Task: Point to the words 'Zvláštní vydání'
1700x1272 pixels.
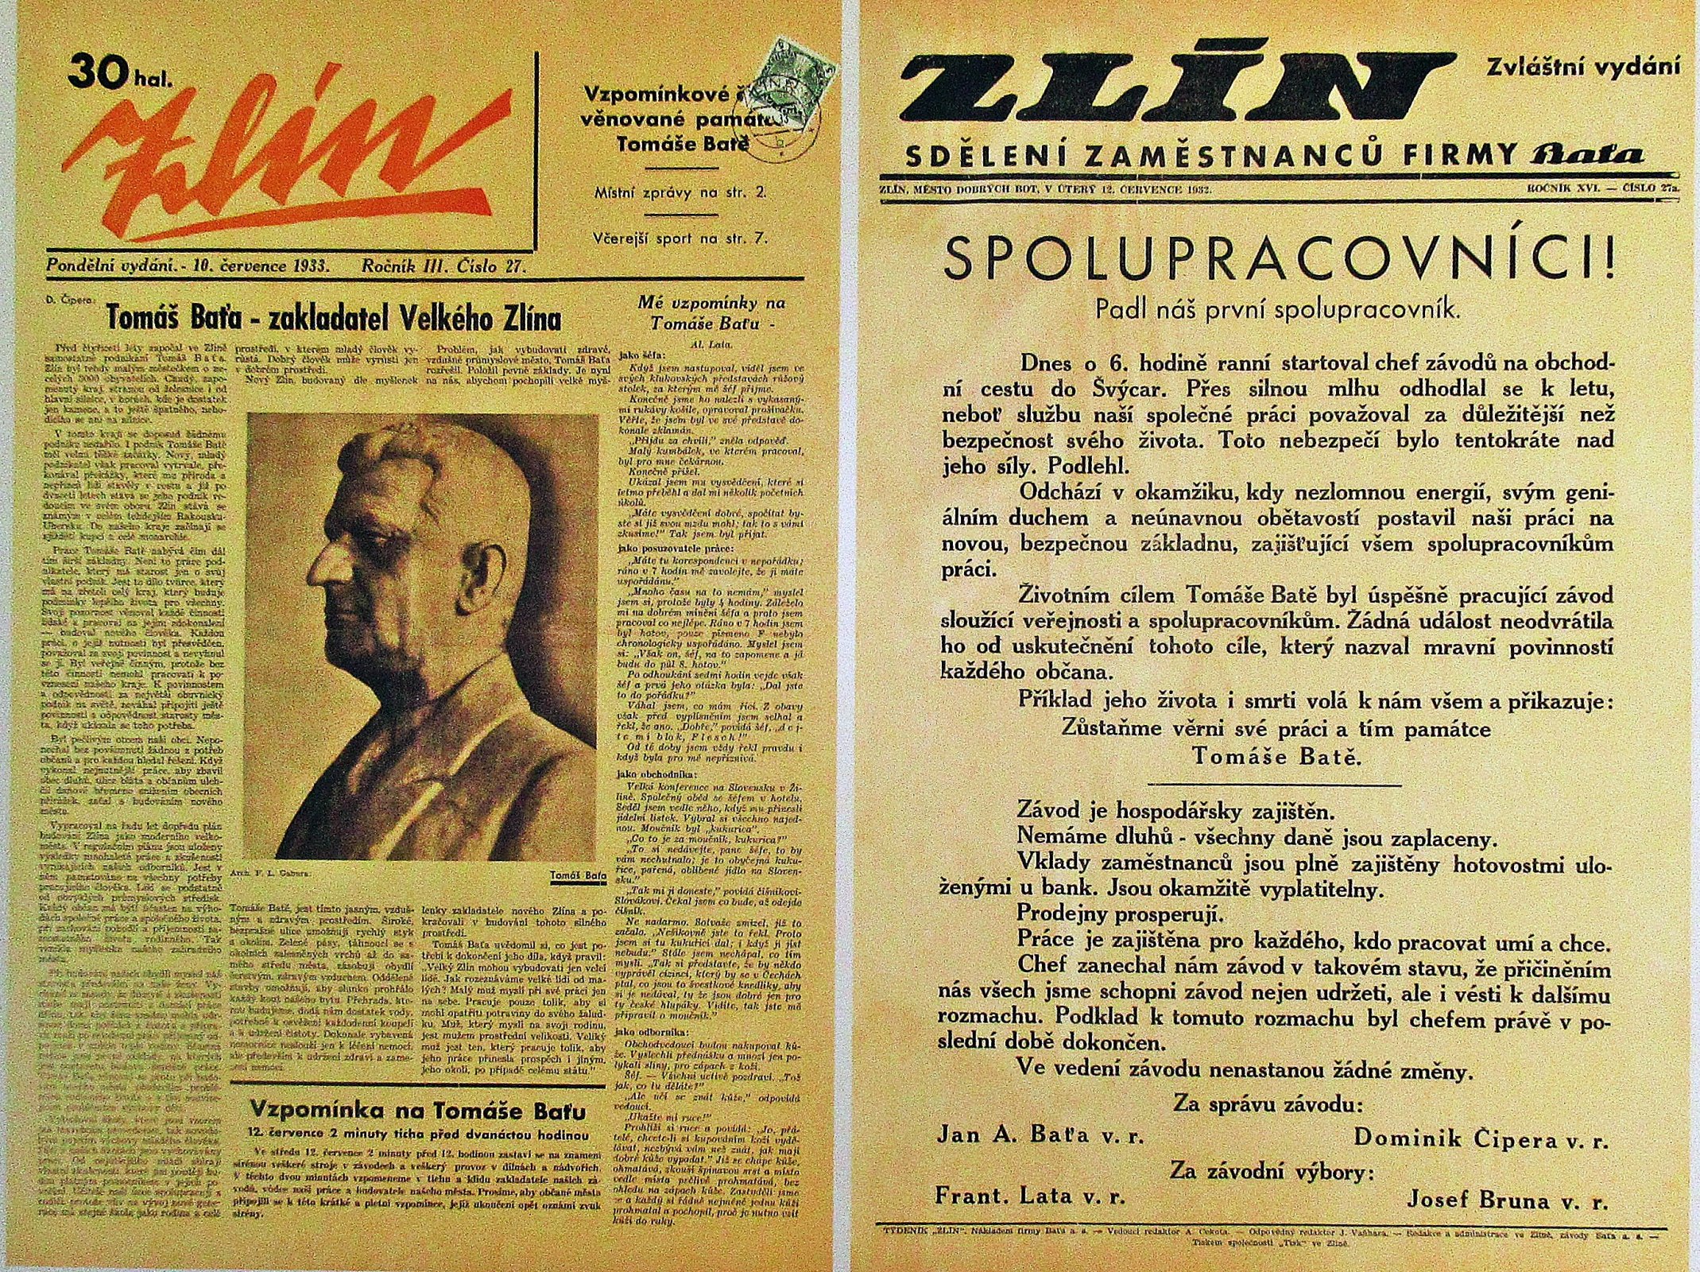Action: pos(1582,67)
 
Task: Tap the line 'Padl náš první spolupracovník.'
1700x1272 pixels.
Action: pos(1277,310)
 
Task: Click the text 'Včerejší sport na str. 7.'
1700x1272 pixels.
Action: pos(680,238)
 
